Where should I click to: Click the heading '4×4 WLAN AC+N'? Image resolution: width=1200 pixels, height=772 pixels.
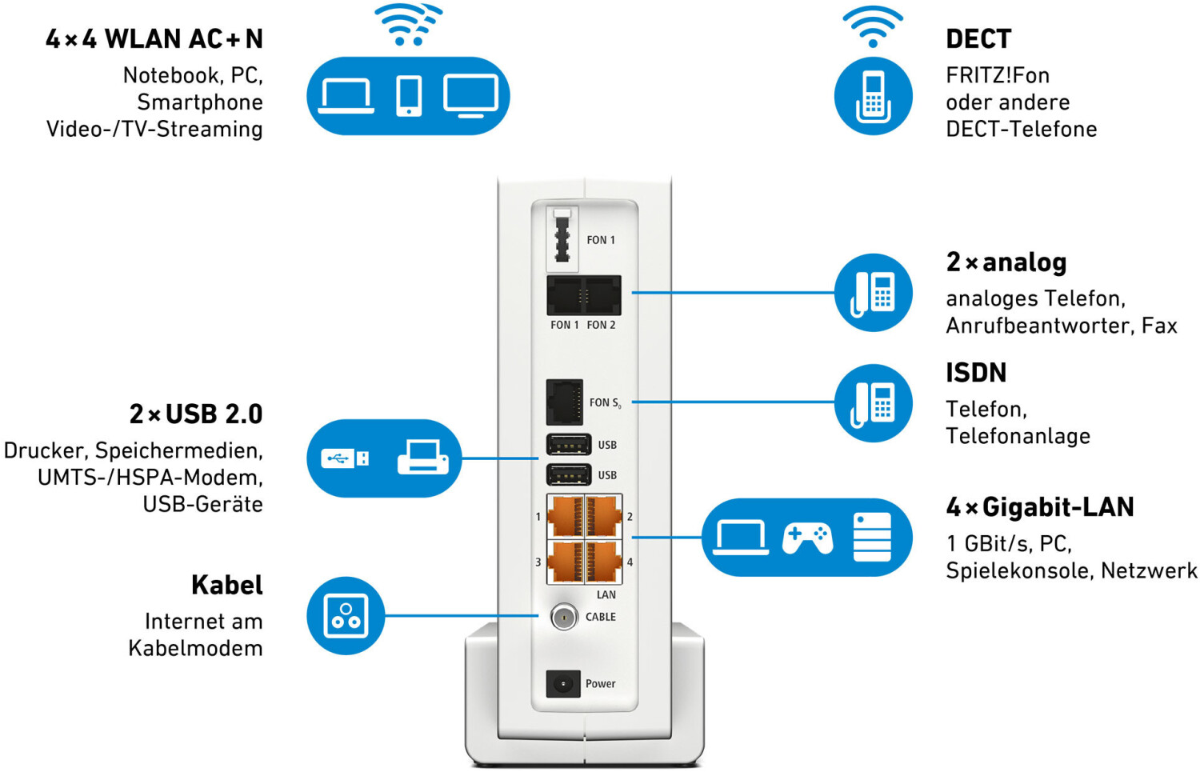[154, 38]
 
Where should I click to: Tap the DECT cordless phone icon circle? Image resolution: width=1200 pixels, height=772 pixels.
[873, 96]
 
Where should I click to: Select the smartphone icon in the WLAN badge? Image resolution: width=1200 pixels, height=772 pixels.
[409, 96]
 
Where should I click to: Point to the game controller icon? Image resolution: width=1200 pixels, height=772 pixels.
[807, 538]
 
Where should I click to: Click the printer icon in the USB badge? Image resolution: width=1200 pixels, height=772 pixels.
[422, 458]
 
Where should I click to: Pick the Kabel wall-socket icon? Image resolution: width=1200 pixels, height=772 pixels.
[346, 616]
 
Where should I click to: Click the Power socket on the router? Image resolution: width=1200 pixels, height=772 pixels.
[563, 684]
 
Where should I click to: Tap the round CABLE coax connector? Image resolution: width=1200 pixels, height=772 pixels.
[564, 617]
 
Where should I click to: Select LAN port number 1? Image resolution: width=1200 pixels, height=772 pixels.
[566, 516]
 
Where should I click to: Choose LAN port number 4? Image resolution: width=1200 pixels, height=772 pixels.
[604, 562]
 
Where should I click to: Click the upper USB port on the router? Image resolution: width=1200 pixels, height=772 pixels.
[569, 444]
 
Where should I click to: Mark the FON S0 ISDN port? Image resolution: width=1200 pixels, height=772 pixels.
[564, 402]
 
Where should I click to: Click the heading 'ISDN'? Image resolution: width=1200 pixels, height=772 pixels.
[976, 373]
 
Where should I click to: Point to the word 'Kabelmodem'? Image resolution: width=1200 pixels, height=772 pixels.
[195, 648]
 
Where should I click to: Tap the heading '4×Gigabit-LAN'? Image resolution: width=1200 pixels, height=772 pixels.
[1040, 507]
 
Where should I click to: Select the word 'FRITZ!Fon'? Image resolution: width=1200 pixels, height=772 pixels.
[998, 75]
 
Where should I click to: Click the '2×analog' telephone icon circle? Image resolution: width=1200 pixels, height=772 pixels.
[873, 293]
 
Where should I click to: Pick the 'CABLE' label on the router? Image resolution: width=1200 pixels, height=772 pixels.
[601, 617]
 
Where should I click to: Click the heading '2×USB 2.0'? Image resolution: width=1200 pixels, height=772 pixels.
[196, 414]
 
